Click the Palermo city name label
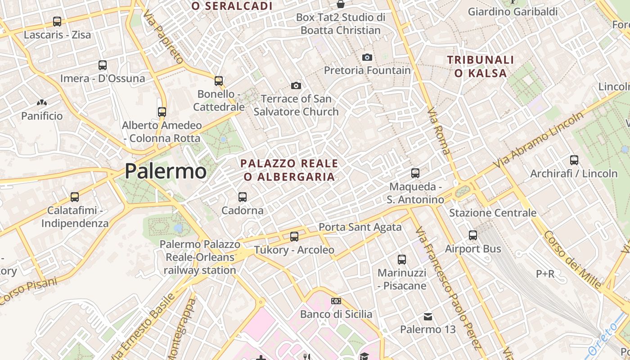(x=165, y=171)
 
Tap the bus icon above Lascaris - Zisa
(x=57, y=21)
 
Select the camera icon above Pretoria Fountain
(x=367, y=57)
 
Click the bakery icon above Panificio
(x=42, y=103)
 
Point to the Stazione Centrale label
(x=493, y=213)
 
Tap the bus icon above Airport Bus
(x=473, y=235)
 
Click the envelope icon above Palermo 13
(x=428, y=317)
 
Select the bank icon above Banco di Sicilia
(x=336, y=301)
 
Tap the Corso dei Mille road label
(x=572, y=260)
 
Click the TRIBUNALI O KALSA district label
(x=481, y=66)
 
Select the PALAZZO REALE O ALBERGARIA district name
(x=289, y=170)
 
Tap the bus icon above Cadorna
(x=243, y=197)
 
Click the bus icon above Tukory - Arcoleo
(x=294, y=236)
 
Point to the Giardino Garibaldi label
(x=513, y=12)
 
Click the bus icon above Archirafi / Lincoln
(x=574, y=160)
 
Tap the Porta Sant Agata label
(x=360, y=227)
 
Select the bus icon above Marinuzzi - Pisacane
(x=402, y=259)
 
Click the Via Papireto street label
(x=163, y=38)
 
